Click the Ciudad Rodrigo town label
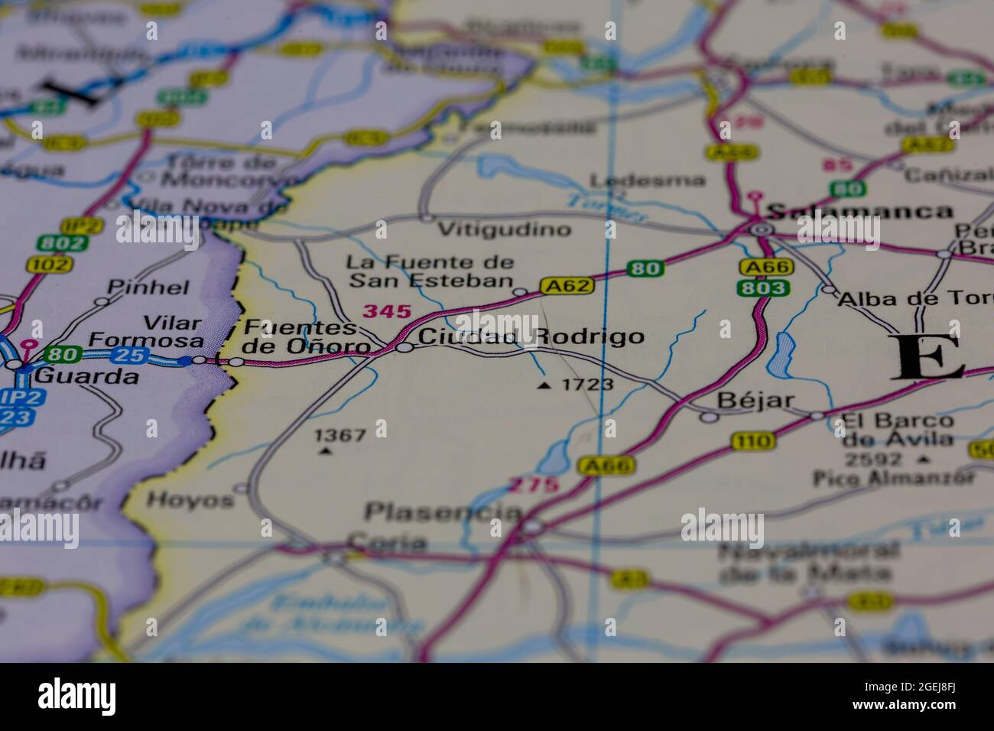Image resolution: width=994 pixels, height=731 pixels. pyautogui.click(x=531, y=336)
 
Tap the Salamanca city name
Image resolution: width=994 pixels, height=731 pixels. pyautogui.click(x=860, y=211)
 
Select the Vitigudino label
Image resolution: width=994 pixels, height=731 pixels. pyautogui.click(x=505, y=229)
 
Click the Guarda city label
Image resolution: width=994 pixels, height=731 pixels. pyautogui.click(x=87, y=375)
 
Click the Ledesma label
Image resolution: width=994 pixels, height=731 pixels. pyautogui.click(x=648, y=180)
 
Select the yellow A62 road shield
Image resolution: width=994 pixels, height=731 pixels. pyautogui.click(x=567, y=286)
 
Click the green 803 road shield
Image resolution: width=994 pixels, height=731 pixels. pyautogui.click(x=762, y=288)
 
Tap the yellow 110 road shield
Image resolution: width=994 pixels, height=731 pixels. pyautogui.click(x=752, y=440)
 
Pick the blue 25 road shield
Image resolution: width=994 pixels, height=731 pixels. pyautogui.click(x=132, y=355)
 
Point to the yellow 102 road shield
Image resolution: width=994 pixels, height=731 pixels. pyautogui.click(x=48, y=265)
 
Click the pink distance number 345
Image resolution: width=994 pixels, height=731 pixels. pyautogui.click(x=387, y=311)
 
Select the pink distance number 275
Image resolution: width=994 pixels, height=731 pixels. pyautogui.click(x=534, y=485)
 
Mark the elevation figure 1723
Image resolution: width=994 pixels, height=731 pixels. pyautogui.click(x=587, y=385)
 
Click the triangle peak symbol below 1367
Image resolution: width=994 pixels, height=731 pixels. pyautogui.click(x=326, y=451)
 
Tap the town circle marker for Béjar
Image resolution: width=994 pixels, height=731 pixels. pyautogui.click(x=710, y=417)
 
